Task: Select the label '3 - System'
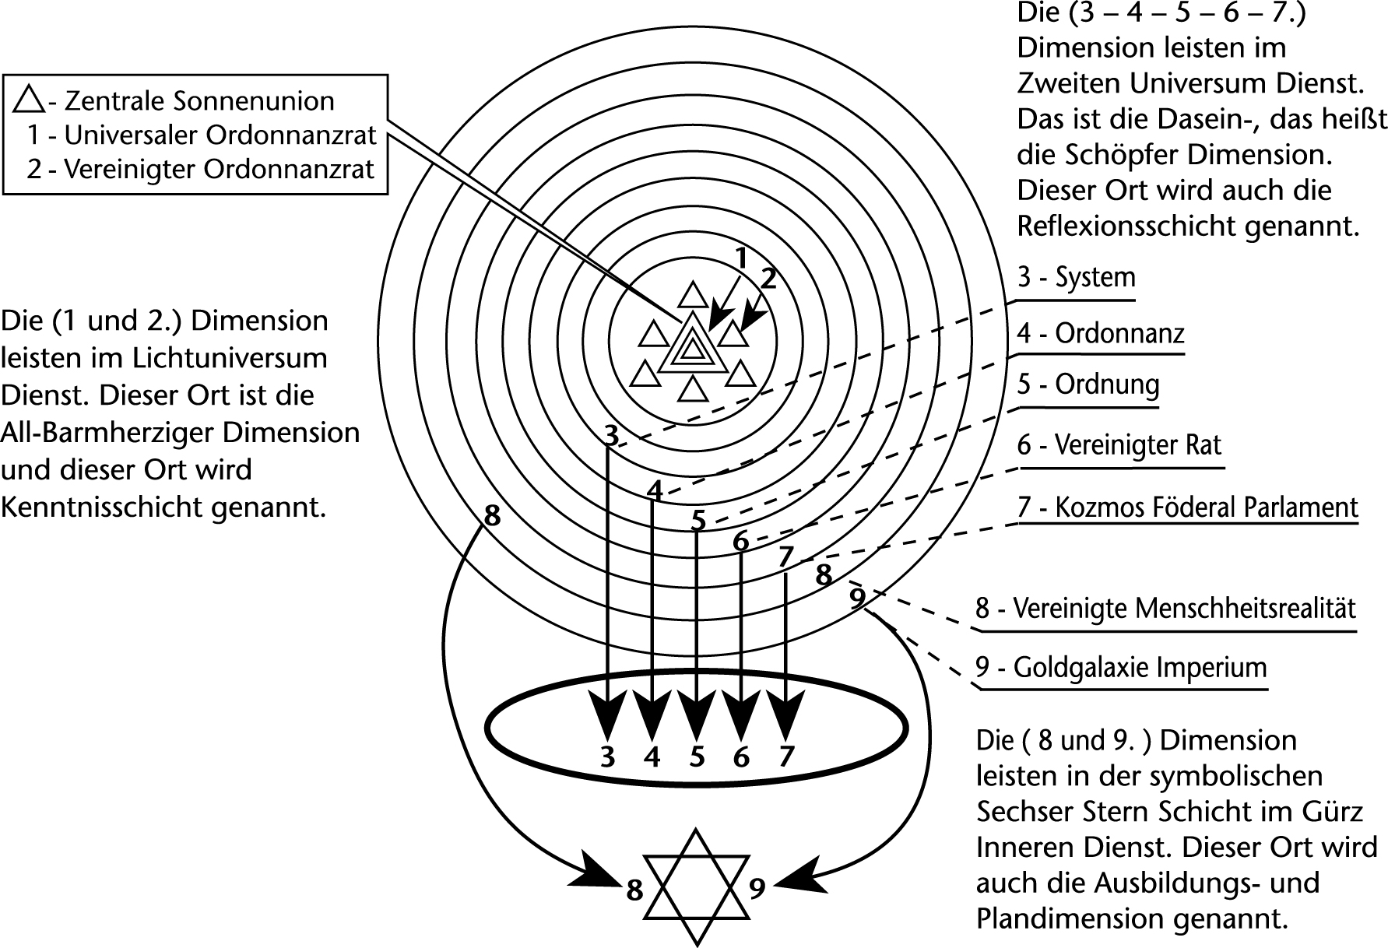(x=1076, y=278)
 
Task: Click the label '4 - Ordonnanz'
(x=1101, y=334)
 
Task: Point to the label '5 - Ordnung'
(x=1088, y=384)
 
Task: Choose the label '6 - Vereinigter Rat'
(x=1119, y=445)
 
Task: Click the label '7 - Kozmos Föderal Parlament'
(x=1187, y=507)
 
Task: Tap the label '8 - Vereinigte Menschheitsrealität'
(x=1165, y=608)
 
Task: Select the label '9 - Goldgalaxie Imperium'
(x=1121, y=668)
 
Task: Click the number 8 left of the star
(x=635, y=890)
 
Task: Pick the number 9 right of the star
(x=757, y=888)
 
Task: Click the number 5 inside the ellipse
(x=697, y=756)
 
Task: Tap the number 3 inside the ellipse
(x=608, y=756)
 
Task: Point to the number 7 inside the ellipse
(x=786, y=756)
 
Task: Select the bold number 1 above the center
(x=742, y=258)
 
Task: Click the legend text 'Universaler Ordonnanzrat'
(x=220, y=135)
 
